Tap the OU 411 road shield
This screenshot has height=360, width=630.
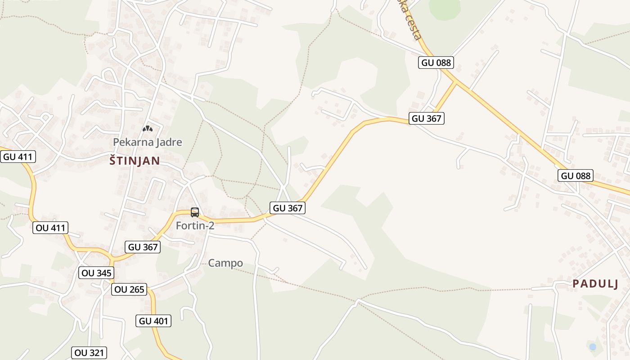click(x=50, y=228)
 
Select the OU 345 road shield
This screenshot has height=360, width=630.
click(x=96, y=273)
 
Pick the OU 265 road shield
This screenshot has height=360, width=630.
click(x=130, y=289)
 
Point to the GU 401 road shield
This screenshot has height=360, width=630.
click(x=153, y=321)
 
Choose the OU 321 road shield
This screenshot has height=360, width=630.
click(x=89, y=353)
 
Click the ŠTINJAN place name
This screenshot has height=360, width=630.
click(x=135, y=161)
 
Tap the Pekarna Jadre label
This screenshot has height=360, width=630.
click(x=148, y=142)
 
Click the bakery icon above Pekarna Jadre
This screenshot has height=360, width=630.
click(x=148, y=129)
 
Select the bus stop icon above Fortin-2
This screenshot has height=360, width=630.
click(x=195, y=212)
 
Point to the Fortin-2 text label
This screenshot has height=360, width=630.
click(x=195, y=225)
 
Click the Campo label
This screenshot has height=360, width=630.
click(x=225, y=263)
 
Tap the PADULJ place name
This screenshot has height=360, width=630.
click(x=595, y=283)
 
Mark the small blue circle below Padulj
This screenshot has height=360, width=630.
click(x=593, y=346)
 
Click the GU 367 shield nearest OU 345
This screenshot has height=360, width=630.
click(x=143, y=247)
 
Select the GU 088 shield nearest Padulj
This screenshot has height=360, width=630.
click(x=576, y=175)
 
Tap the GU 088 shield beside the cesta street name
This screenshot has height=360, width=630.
click(x=436, y=63)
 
